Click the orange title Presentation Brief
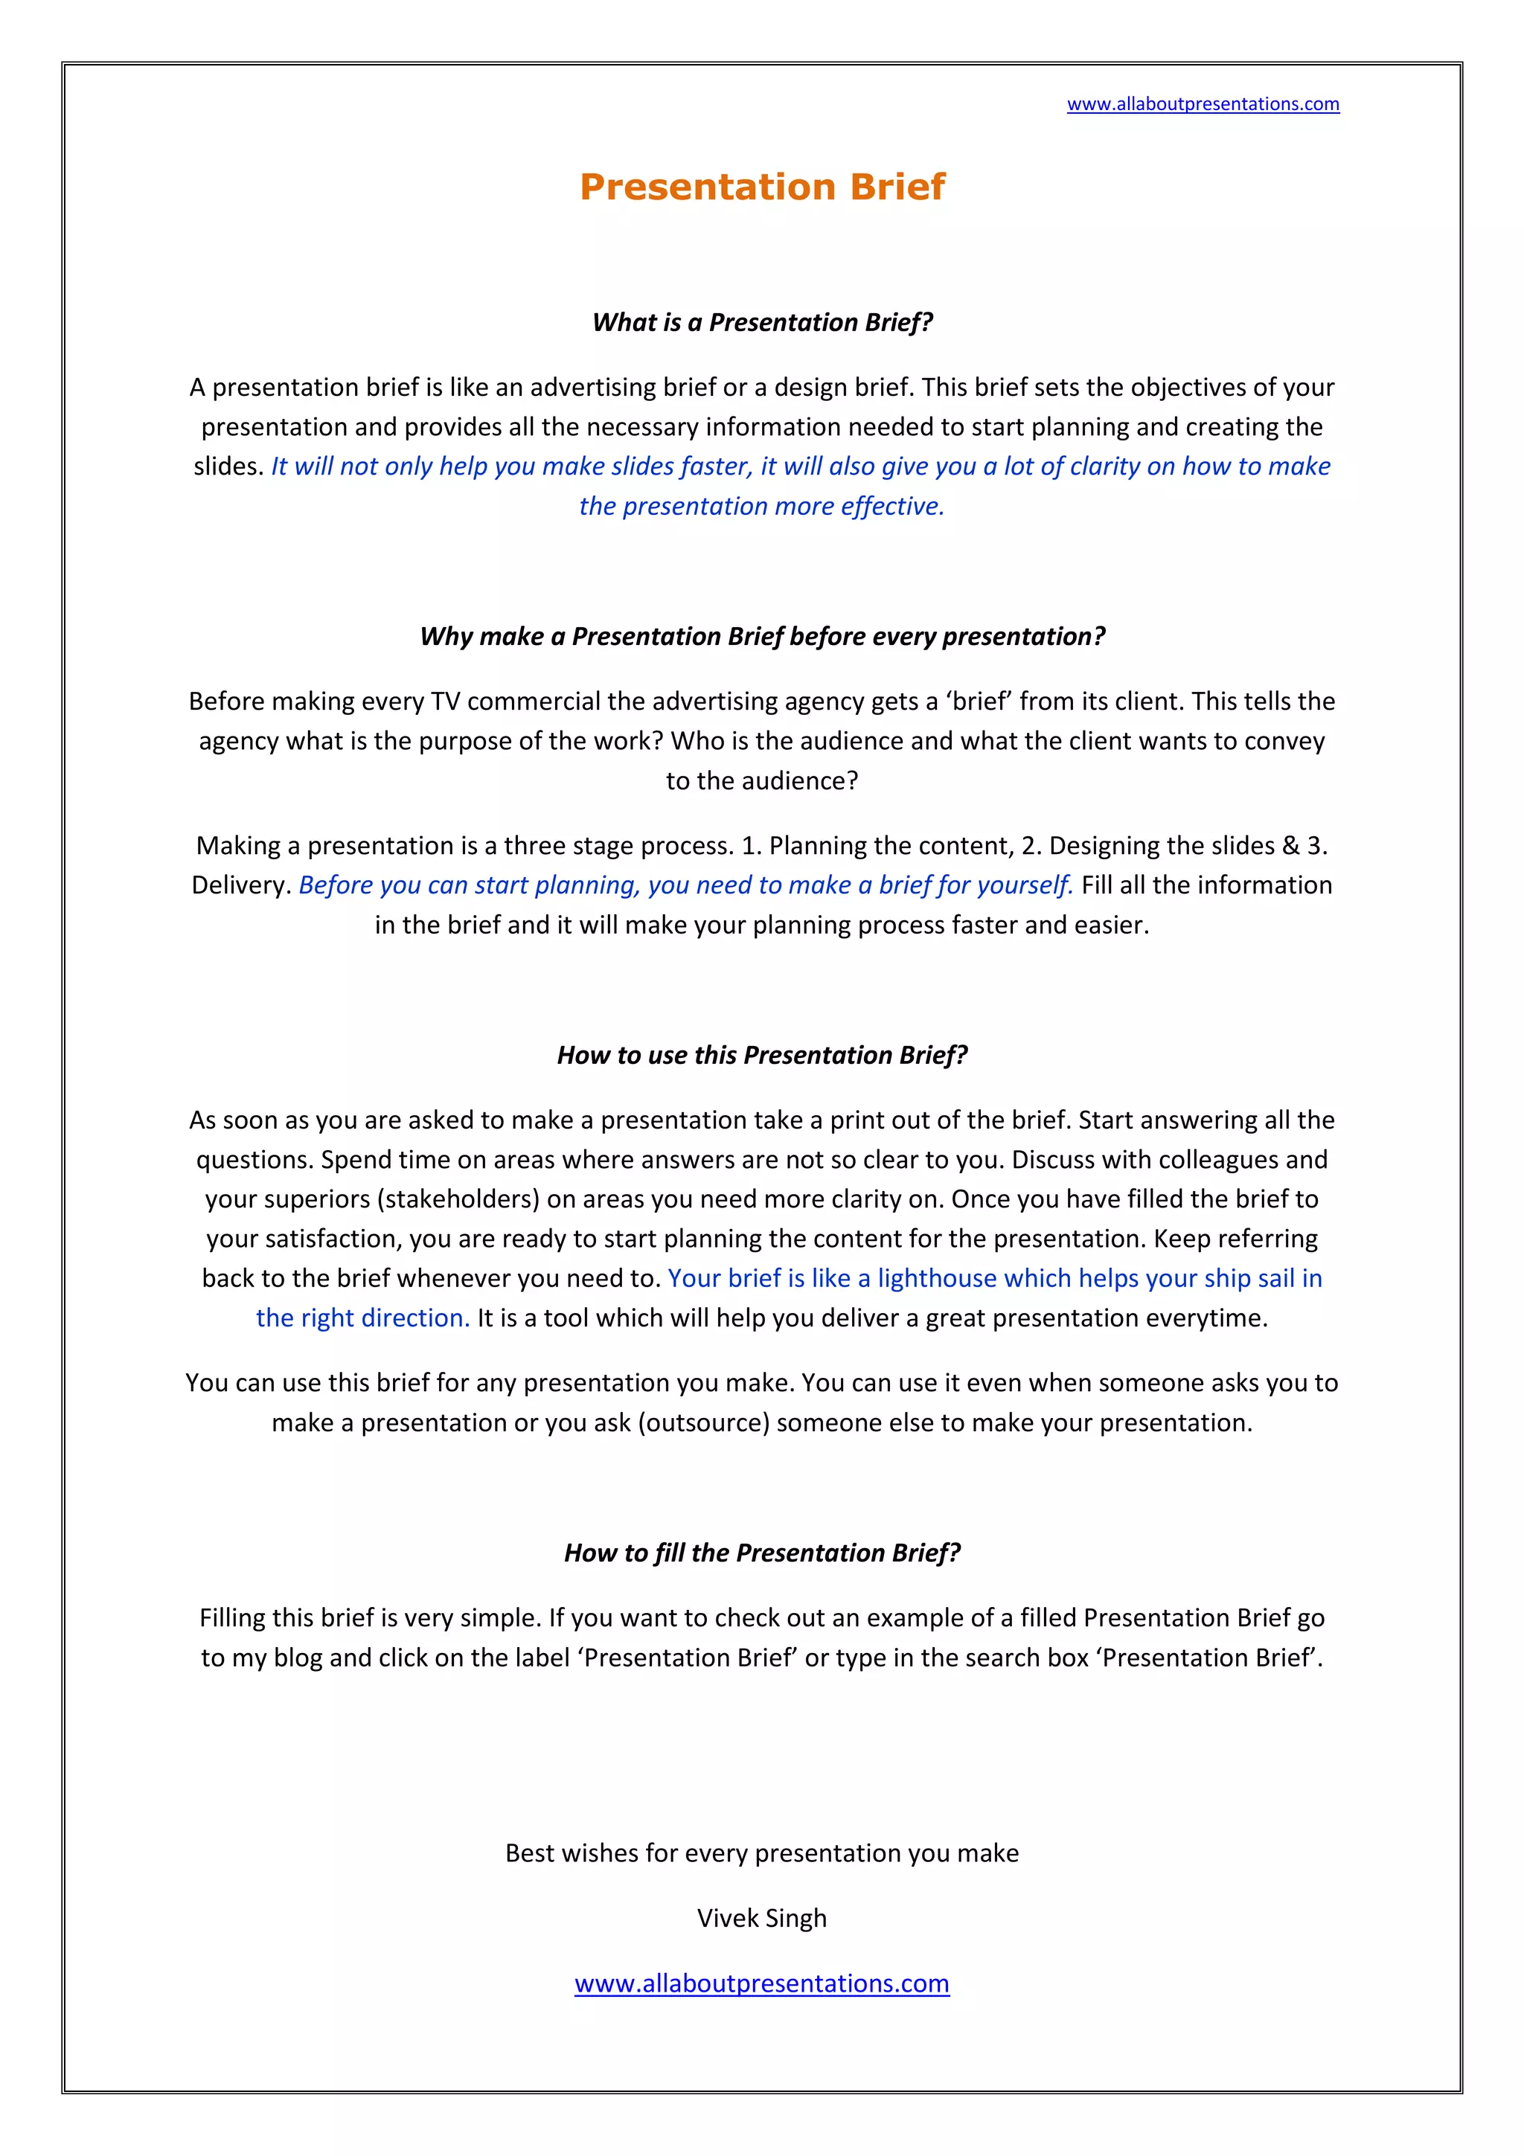click(x=761, y=187)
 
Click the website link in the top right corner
click(x=1202, y=104)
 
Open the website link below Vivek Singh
click(x=761, y=1983)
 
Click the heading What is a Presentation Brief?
click(x=761, y=322)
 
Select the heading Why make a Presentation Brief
click(x=761, y=637)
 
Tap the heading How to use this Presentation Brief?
click(x=761, y=1056)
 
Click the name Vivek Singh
click(x=761, y=1919)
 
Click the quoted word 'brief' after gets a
click(x=979, y=702)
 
